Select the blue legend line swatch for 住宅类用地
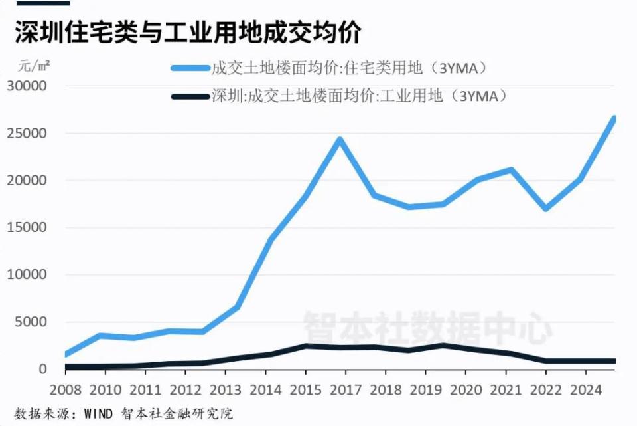click(190, 68)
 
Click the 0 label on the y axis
click(43, 370)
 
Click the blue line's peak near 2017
click(339, 140)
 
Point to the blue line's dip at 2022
click(545, 209)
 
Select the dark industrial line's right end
click(614, 361)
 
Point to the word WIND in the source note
click(102, 413)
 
